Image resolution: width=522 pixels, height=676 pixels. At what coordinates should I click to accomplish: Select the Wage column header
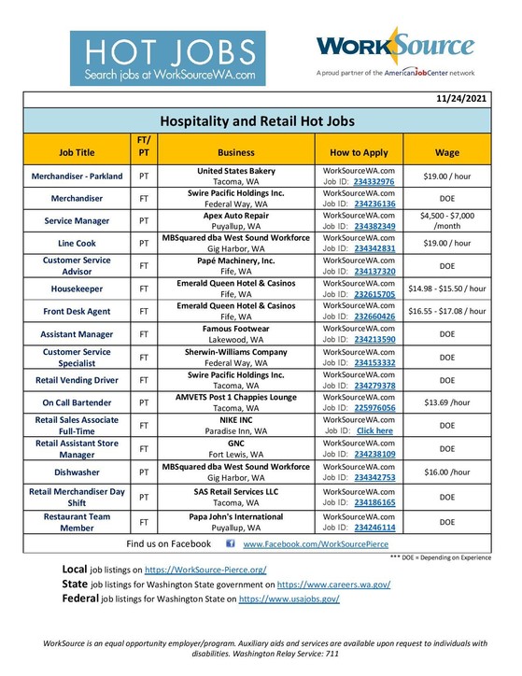[447, 149]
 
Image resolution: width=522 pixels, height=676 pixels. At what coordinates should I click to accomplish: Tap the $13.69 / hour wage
[447, 401]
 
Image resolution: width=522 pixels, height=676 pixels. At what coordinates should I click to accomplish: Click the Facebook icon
[231, 542]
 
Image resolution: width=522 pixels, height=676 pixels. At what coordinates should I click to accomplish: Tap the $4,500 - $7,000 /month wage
[447, 220]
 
